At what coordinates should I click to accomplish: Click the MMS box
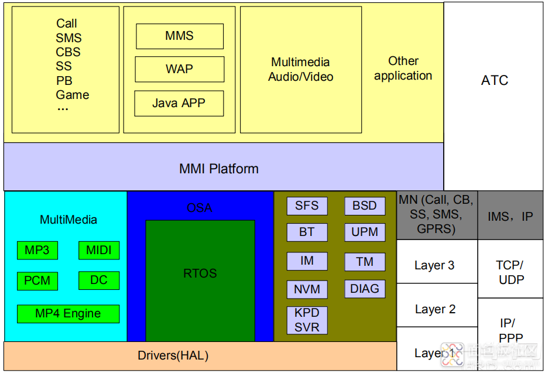180,36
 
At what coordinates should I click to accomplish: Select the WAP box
180,69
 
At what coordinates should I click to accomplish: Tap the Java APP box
179,103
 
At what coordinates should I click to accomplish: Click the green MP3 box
37,251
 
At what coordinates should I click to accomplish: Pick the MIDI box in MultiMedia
99,251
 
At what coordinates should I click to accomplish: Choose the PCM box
37,280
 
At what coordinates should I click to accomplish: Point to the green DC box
99,280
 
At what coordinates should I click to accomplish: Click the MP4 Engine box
68,313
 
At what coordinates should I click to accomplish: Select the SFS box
307,206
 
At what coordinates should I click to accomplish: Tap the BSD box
365,206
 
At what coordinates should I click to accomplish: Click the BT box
307,232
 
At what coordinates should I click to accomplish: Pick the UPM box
365,232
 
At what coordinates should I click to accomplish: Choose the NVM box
307,289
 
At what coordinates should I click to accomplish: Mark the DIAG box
365,289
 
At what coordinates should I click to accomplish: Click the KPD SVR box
307,320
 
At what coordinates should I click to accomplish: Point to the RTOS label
200,273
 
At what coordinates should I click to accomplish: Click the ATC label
495,81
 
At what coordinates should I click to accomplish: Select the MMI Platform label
219,169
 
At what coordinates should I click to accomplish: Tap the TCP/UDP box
510,272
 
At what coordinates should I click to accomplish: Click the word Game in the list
73,95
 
